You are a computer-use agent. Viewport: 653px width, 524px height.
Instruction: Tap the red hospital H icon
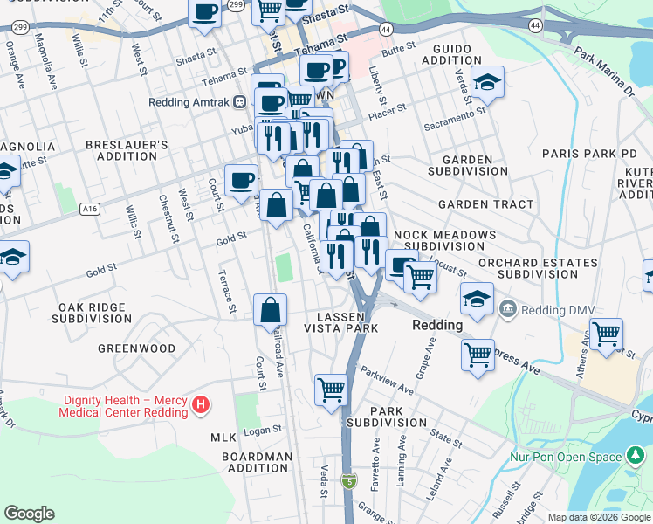201,404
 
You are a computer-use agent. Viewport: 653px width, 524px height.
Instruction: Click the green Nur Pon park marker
635,457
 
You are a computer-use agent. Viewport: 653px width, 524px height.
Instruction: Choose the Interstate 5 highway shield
350,480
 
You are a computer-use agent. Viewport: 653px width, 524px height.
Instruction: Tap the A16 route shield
88,209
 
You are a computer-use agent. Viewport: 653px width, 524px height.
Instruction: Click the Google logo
30,514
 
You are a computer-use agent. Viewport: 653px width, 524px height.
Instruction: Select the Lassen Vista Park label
340,321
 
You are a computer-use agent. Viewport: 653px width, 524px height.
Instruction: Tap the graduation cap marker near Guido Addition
487,82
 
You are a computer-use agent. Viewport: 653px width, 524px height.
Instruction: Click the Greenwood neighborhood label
136,348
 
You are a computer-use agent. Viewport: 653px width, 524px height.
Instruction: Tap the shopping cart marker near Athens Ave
606,334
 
